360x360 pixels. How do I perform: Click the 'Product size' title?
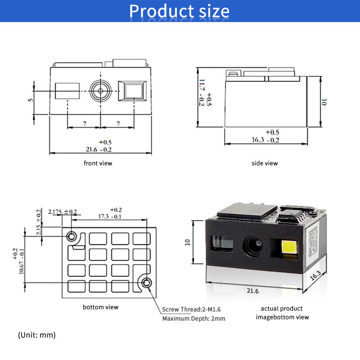pos(179,11)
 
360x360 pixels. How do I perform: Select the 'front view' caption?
pos(98,163)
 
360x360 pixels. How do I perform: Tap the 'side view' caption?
pos(265,163)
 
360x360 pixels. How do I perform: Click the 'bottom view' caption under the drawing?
pos(101,307)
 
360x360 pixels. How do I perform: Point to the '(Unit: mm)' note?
pos(37,335)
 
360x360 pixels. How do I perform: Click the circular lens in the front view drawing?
pos(99,92)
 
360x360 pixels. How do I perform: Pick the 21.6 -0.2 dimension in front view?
pos(99,149)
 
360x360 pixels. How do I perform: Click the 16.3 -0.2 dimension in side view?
pos(265,140)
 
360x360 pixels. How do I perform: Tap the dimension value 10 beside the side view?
pos(324,102)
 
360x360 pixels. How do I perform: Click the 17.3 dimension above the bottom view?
pos(107,216)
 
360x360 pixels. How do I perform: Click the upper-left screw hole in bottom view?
pos(71,236)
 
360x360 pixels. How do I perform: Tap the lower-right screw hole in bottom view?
pos(147,283)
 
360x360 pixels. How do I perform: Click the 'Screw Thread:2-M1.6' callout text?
pos(191,309)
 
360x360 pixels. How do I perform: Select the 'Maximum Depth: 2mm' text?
pos(193,319)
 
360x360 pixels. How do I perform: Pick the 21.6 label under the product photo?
pos(253,291)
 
